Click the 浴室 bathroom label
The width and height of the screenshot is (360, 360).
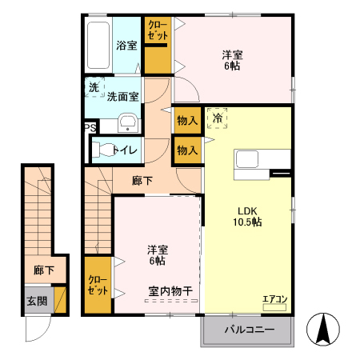click(x=126, y=45)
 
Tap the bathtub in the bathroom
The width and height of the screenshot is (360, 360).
click(x=99, y=45)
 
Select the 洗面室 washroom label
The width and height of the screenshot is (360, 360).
click(x=123, y=96)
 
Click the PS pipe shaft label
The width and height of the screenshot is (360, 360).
click(x=90, y=126)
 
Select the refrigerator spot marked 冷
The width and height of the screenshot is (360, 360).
click(x=217, y=118)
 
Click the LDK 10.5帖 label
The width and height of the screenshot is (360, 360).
click(x=246, y=217)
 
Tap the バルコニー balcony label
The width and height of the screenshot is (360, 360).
click(x=249, y=330)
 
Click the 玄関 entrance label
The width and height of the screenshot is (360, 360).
click(x=36, y=302)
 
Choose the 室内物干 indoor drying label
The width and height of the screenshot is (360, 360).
click(x=170, y=290)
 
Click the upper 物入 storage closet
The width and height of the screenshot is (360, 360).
click(x=186, y=120)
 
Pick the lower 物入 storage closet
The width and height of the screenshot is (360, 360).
click(x=186, y=150)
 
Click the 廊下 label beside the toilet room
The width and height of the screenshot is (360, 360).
click(x=142, y=181)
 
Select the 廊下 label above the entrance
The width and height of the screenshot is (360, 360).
click(x=44, y=271)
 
